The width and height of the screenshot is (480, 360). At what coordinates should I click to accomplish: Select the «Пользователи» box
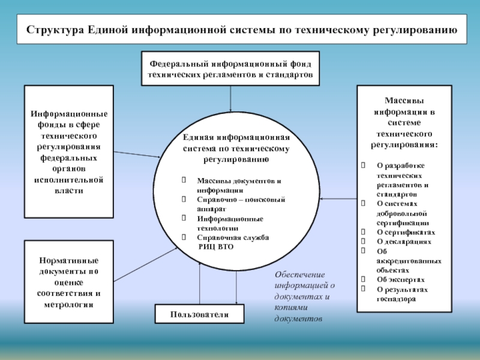(200, 314)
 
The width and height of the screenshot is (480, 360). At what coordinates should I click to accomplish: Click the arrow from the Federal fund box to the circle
(230, 98)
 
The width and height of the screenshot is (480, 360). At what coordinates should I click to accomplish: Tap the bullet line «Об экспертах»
(401, 280)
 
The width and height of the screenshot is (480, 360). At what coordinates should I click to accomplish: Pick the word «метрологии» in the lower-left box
(68, 304)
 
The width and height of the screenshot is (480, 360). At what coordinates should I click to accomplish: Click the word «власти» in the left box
(68, 190)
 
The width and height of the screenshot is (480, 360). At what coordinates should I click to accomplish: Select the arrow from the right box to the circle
(338, 199)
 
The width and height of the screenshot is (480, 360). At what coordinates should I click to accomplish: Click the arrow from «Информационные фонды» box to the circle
(136, 154)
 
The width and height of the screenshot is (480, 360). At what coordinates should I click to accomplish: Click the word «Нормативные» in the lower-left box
(68, 261)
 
